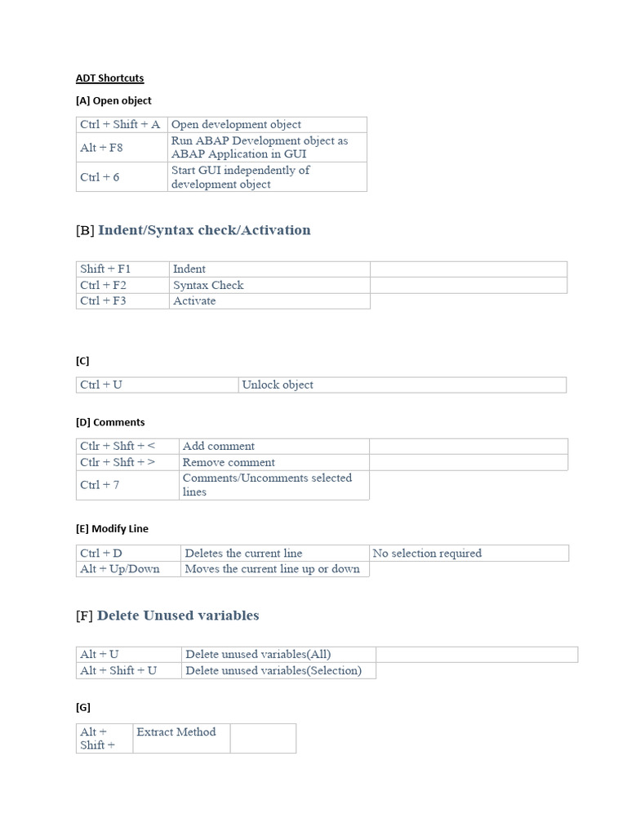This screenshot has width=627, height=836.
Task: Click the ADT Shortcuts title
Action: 109,78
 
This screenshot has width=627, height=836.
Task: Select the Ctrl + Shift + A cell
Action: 121,125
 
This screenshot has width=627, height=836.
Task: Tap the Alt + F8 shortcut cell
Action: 121,148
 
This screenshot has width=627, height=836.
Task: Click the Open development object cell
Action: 266,125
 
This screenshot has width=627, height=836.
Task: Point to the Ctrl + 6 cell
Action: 121,177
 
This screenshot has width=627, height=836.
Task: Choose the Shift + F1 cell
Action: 122,269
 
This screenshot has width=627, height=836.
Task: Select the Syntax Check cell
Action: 269,285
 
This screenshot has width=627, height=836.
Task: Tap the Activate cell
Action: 269,300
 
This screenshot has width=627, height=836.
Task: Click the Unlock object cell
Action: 402,385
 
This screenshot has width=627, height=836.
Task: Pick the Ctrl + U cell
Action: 157,385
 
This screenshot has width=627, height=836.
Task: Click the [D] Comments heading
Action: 110,422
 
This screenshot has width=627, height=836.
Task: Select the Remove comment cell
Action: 273,462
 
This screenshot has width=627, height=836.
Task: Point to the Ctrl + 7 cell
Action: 127,485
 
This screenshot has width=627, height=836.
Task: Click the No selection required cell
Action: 469,553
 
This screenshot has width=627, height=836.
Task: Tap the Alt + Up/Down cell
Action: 128,569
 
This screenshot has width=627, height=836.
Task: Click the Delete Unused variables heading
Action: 178,616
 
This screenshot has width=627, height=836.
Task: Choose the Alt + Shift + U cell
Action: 128,670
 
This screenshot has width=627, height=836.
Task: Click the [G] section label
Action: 83,707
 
